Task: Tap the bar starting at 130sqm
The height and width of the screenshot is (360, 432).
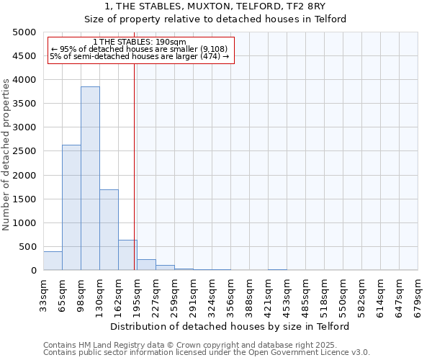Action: [x=109, y=230]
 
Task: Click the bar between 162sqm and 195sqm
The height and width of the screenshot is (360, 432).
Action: [x=127, y=255]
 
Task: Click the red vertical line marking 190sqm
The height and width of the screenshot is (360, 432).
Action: [x=135, y=166]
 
